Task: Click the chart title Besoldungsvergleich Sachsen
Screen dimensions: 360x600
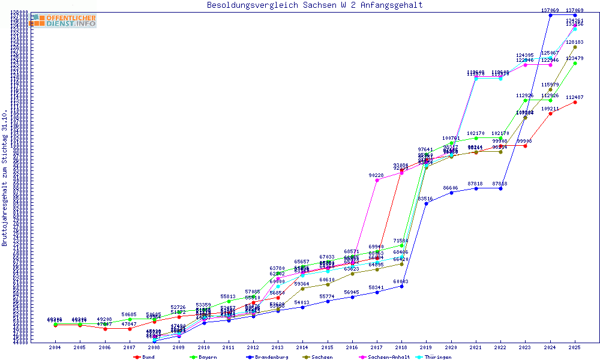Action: point(314,5)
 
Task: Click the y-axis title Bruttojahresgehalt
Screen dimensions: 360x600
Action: point(5,178)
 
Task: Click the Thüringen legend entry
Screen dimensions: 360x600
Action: point(437,357)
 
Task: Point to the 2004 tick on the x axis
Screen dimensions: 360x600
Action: point(55,347)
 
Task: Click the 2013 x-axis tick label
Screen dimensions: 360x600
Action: point(278,347)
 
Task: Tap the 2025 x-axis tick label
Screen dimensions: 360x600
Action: point(575,347)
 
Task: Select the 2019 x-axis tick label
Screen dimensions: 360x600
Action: point(426,347)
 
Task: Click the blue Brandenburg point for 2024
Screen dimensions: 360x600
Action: point(550,15)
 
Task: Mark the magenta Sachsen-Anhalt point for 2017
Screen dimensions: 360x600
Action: point(377,180)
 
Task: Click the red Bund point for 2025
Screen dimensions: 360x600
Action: point(575,102)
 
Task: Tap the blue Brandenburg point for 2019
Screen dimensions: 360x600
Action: point(426,203)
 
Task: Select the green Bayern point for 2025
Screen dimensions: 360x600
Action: point(575,63)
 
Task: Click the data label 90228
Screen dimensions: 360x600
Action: point(376,175)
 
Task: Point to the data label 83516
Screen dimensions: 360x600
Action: point(425,199)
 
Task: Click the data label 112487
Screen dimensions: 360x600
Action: point(575,97)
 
